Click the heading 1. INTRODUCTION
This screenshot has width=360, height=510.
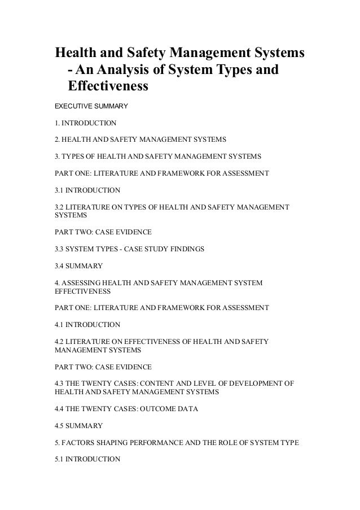click(x=85, y=122)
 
